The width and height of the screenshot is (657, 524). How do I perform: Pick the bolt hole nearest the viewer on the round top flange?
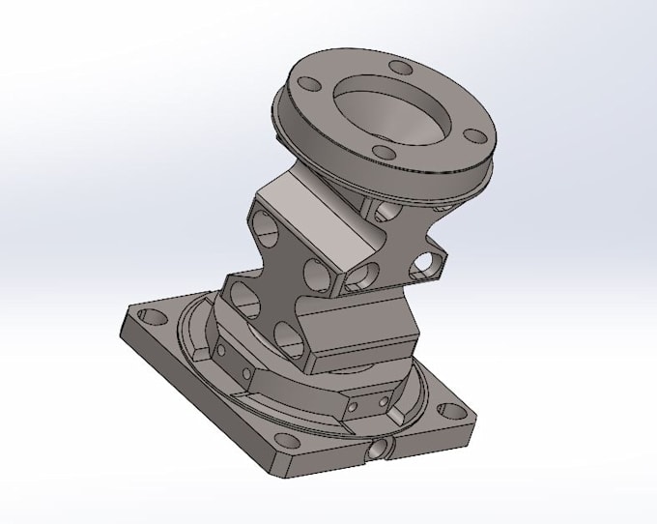(384, 154)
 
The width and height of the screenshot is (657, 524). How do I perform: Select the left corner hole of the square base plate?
(149, 316)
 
